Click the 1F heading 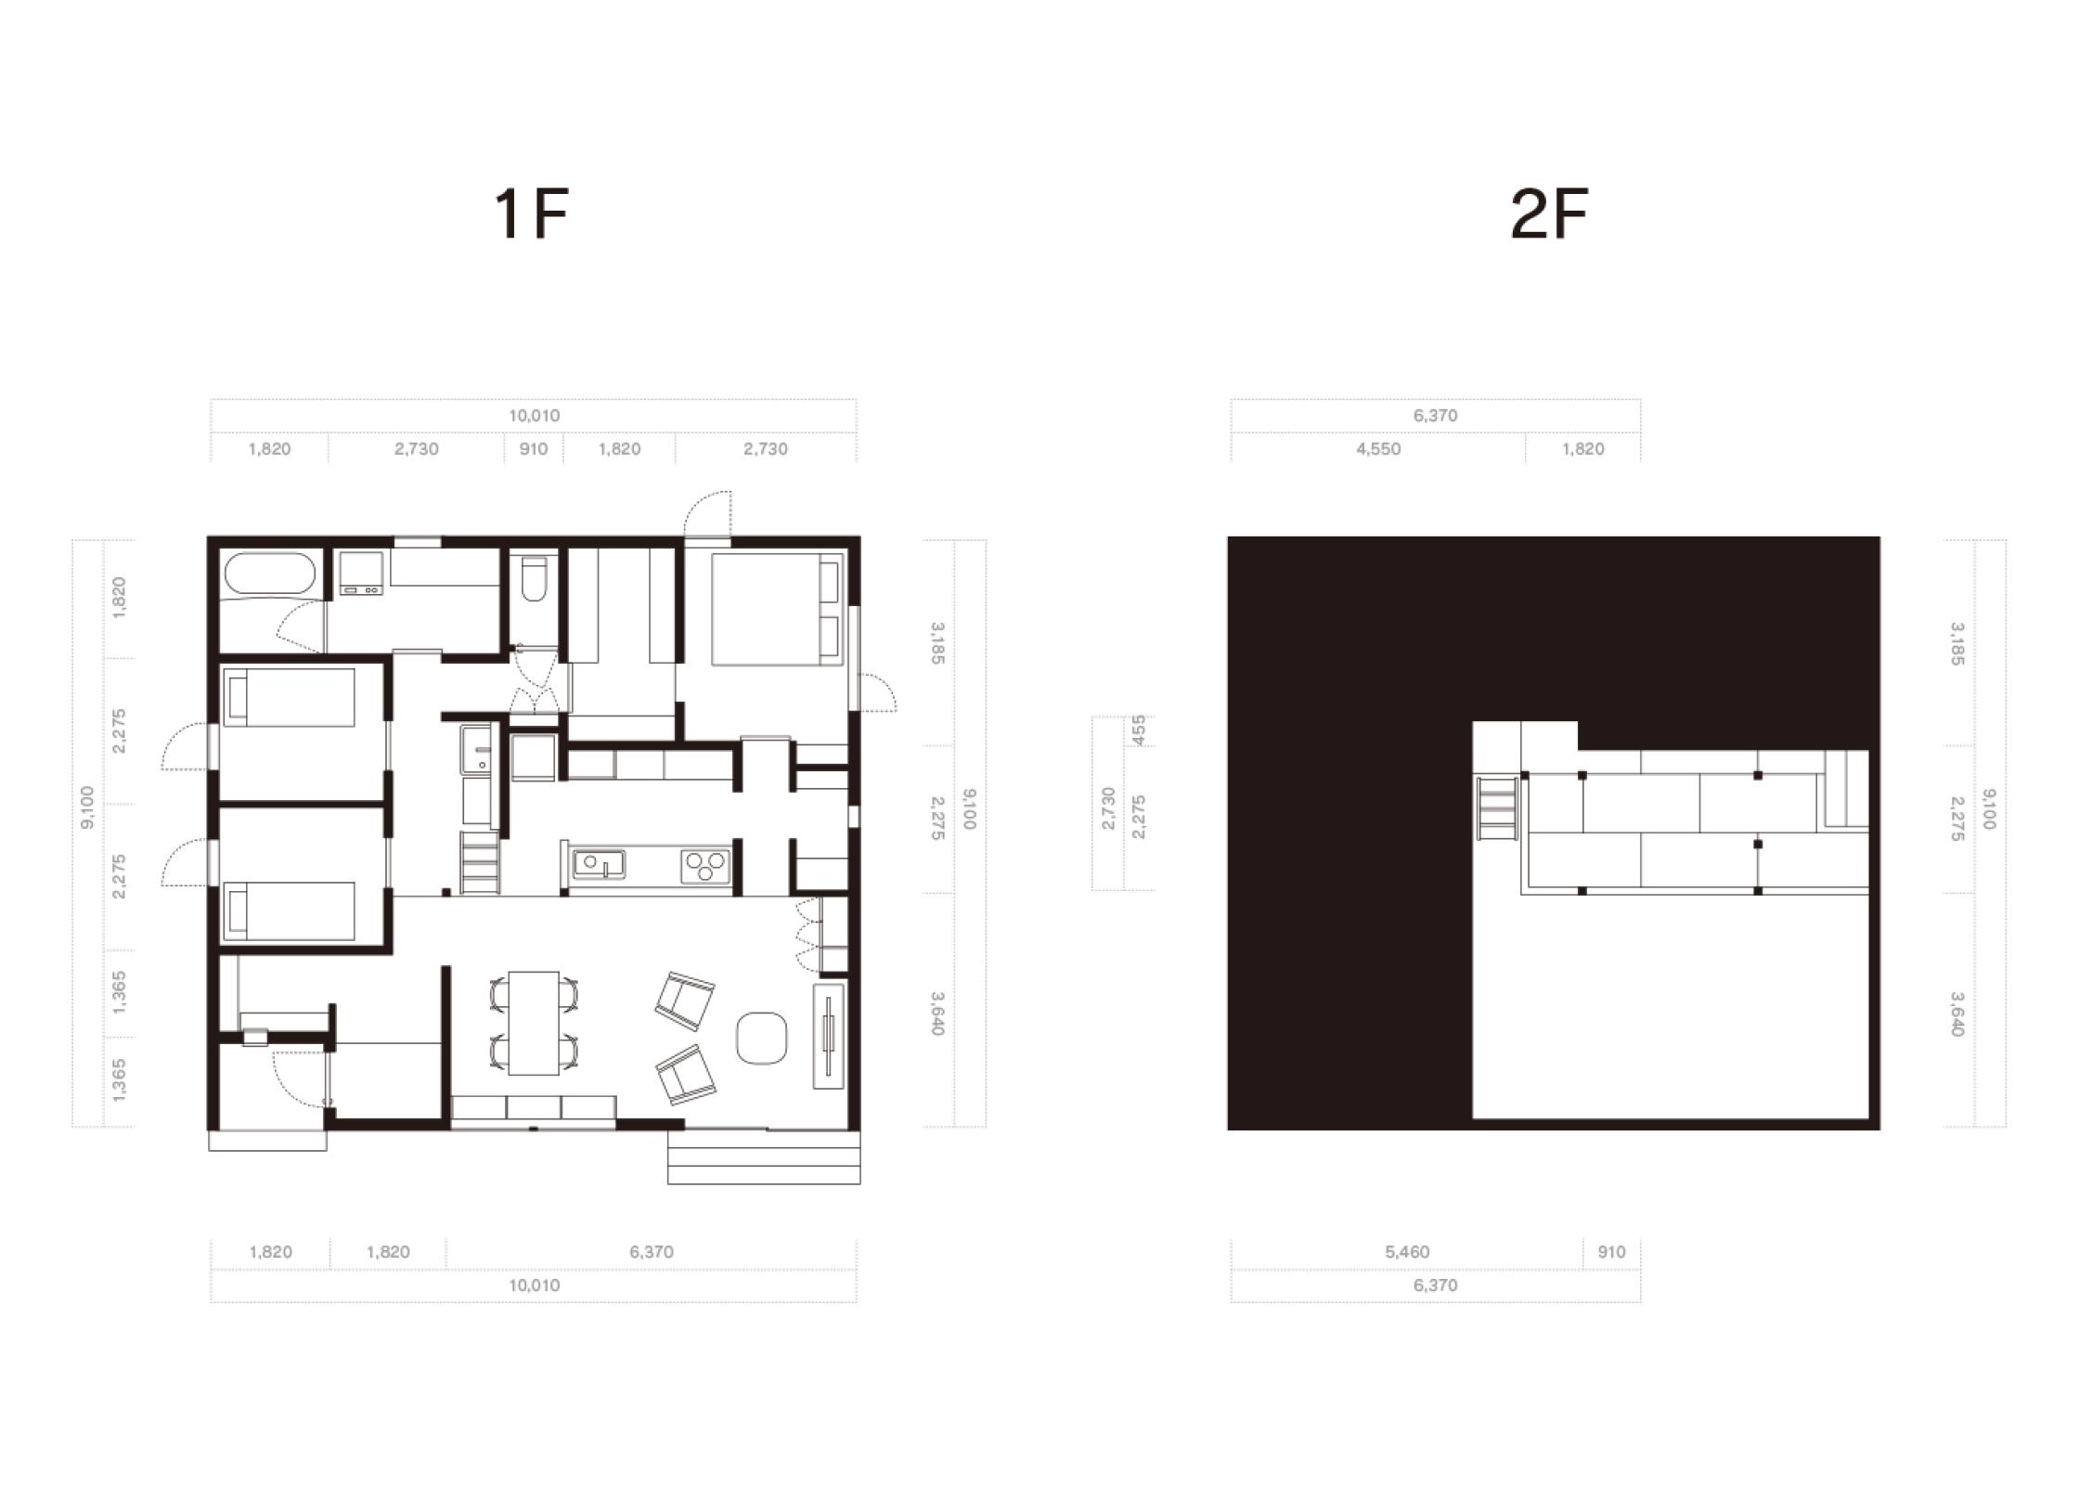pyautogui.click(x=531, y=214)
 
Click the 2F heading pyautogui.click(x=1549, y=214)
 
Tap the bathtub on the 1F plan pyautogui.click(x=270, y=576)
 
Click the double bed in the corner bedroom pyautogui.click(x=777, y=609)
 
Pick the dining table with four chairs pyautogui.click(x=534, y=1022)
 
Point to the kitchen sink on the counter pyautogui.click(x=599, y=864)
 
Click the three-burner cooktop pyautogui.click(x=705, y=867)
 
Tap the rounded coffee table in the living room pyautogui.click(x=762, y=1037)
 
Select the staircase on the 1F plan pyautogui.click(x=480, y=862)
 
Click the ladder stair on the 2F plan pyautogui.click(x=1498, y=808)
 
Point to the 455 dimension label pyautogui.click(x=1140, y=730)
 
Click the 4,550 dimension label pyautogui.click(x=1378, y=449)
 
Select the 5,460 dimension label pyautogui.click(x=1407, y=1252)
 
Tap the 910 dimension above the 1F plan pyautogui.click(x=534, y=449)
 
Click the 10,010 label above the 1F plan pyautogui.click(x=535, y=416)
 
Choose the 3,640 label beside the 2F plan pyautogui.click(x=1956, y=1014)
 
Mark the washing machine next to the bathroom pyautogui.click(x=361, y=573)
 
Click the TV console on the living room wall pyautogui.click(x=828, y=1036)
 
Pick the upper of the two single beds pyautogui.click(x=289, y=697)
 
